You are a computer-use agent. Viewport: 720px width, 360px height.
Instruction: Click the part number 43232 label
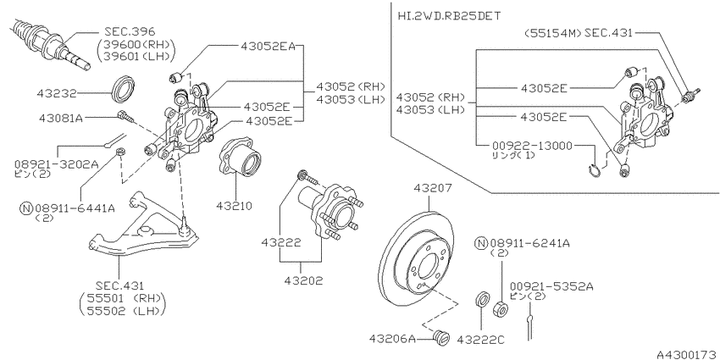click(x=57, y=94)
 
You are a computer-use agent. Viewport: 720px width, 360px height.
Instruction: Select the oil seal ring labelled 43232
click(x=124, y=88)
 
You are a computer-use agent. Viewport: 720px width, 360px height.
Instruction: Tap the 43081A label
click(x=61, y=118)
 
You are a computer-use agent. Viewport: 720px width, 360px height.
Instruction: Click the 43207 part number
click(x=433, y=188)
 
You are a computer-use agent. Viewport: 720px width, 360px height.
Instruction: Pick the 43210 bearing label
click(x=234, y=205)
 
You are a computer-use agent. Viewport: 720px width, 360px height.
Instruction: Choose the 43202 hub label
click(x=303, y=280)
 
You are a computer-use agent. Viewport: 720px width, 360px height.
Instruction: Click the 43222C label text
click(x=481, y=340)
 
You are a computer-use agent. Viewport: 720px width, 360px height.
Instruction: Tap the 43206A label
click(x=392, y=339)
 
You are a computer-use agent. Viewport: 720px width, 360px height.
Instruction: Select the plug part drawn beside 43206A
click(x=440, y=337)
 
